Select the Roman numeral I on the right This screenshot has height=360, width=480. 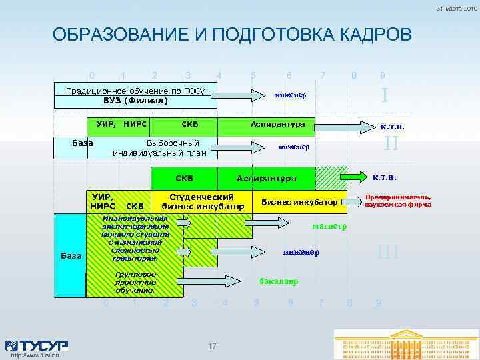(x=385, y=95)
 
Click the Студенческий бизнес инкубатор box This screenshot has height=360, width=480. (x=201, y=202)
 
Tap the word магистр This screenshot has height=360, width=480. (x=329, y=226)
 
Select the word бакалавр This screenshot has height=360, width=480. (x=278, y=281)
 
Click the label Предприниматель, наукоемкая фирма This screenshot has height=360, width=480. (x=397, y=201)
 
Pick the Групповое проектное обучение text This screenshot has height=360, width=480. (x=135, y=282)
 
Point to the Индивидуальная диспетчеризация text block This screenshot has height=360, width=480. (x=135, y=238)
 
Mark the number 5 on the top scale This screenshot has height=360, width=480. (x=253, y=75)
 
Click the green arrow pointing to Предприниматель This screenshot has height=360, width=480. (x=351, y=201)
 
